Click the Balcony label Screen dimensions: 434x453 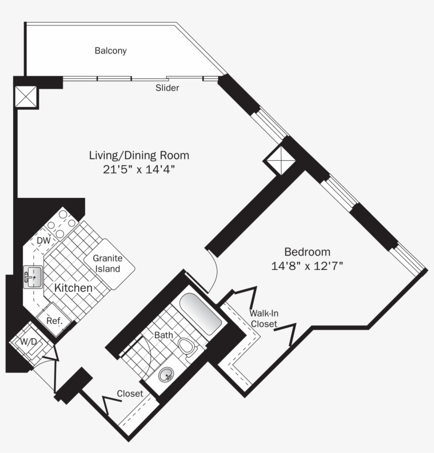[111, 51]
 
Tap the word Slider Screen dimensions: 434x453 [167, 88]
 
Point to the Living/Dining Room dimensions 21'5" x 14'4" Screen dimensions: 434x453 [139, 169]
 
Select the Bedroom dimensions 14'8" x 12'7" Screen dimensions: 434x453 [307, 266]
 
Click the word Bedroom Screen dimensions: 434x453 [307, 252]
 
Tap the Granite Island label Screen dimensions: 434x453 [108, 263]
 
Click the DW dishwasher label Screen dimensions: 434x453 [43, 240]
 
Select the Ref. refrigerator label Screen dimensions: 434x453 [55, 321]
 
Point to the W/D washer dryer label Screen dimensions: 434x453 [29, 342]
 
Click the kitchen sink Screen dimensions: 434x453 [33, 277]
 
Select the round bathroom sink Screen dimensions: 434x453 [166, 375]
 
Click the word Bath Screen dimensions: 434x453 [164, 335]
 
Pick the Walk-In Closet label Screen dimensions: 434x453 [264, 319]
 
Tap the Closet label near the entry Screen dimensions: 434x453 [130, 394]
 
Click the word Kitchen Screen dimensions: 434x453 [74, 288]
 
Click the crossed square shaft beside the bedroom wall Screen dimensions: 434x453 [279, 160]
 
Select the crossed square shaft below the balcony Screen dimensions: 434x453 [26, 97]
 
